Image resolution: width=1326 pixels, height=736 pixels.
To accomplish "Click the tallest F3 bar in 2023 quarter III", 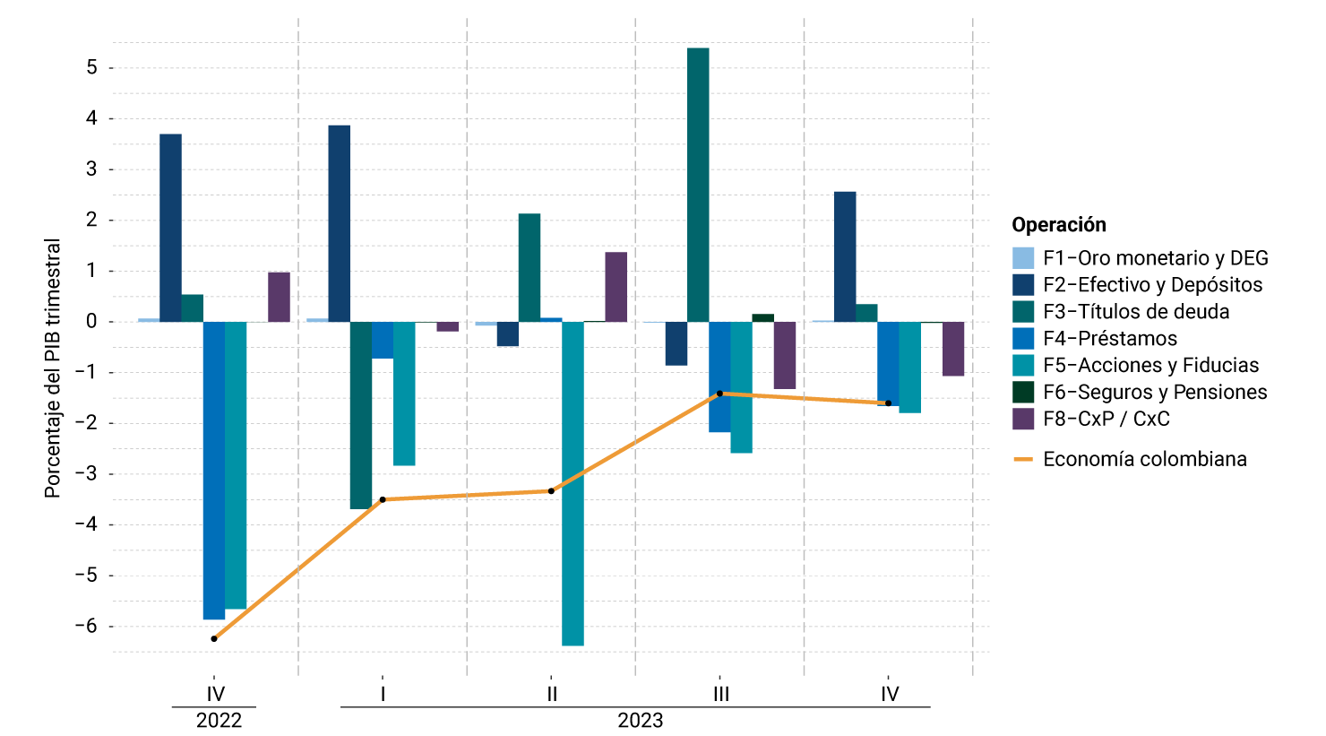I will coord(698,184).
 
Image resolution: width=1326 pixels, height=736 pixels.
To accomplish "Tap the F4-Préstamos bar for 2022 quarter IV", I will coord(214,470).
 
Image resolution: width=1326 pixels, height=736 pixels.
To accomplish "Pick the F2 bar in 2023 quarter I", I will coord(340,223).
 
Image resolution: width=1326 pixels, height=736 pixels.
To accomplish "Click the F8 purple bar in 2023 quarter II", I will coord(616,287).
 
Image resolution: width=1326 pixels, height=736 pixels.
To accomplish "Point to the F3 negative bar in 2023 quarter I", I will coord(361,415).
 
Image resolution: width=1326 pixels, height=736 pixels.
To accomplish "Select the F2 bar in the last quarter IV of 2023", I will coord(845,256).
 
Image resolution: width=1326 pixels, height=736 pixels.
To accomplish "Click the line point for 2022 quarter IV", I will coord(214,638).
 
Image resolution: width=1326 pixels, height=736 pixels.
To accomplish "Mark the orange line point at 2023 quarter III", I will coord(719,394).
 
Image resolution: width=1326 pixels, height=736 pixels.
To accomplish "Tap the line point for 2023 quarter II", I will coord(551,490).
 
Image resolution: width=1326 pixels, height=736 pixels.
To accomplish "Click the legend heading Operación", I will coord(1059,225).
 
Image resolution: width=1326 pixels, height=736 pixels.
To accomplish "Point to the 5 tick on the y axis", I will coord(91,68).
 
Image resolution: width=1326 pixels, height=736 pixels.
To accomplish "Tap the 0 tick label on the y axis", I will coord(91,322).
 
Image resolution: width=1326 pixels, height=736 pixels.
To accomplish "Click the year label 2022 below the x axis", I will coord(219,721).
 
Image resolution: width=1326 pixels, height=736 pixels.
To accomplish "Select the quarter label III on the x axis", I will coord(720,694).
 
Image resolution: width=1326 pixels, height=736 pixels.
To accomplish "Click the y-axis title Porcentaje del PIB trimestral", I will coord(53,368).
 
